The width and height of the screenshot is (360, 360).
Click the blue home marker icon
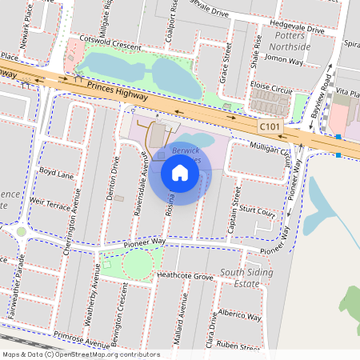[180, 172]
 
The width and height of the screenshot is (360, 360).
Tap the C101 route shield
[270, 126]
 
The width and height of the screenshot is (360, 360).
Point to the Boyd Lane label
[56, 172]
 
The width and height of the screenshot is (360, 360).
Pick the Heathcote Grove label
[185, 275]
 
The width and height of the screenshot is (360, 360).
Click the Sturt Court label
[257, 214]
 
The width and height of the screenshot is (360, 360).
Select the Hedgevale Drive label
[298, 30]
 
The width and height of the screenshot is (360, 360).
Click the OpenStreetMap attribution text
[81, 354]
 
